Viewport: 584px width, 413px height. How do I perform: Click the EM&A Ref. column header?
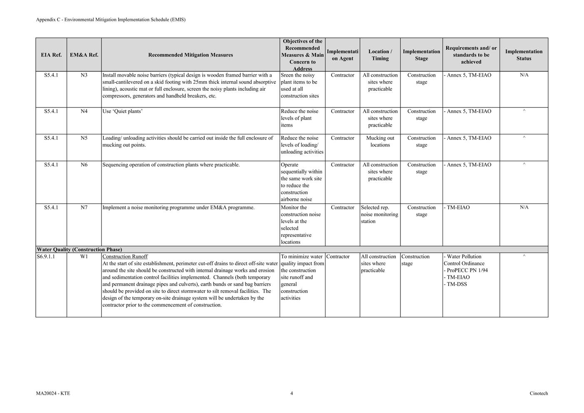click(84, 55)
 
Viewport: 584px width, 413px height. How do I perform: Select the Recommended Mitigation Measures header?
click(190, 55)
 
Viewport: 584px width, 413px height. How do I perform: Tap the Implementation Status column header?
click(524, 55)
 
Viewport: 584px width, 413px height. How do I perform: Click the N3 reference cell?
click(84, 75)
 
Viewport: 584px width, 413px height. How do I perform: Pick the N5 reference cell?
click(84, 138)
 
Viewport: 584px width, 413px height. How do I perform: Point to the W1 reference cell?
click(84, 257)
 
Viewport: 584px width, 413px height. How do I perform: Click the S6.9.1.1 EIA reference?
click(46, 257)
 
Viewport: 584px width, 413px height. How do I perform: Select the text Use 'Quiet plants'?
click(122, 112)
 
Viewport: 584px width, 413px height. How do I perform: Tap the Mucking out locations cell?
click(380, 142)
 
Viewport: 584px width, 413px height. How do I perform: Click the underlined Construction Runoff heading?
click(125, 257)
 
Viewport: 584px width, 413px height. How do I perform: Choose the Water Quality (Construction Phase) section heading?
click(80, 250)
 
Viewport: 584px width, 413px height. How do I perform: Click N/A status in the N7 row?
click(524, 207)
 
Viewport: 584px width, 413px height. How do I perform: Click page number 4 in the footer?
click(291, 393)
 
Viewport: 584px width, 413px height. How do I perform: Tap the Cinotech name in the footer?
click(539, 393)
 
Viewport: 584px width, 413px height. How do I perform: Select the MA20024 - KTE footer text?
click(53, 393)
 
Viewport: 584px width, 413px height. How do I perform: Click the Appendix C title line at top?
click(111, 20)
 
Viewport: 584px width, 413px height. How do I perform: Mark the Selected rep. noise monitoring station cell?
click(379, 214)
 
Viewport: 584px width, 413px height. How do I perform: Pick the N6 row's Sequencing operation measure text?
click(171, 165)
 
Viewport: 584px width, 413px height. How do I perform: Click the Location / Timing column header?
click(380, 55)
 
